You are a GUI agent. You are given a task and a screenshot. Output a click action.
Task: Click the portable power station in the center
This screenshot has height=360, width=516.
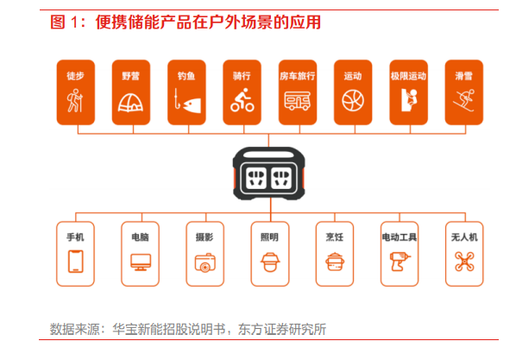click(x=267, y=177)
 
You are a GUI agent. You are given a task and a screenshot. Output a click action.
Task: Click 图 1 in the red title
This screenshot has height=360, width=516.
click(x=66, y=21)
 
